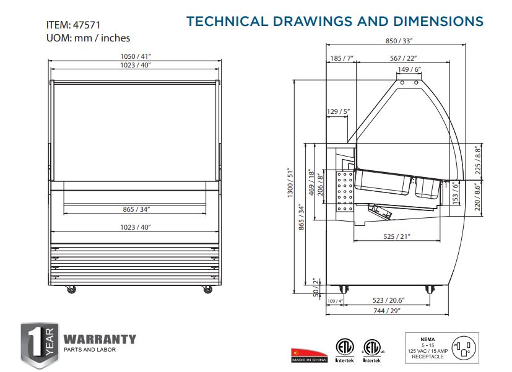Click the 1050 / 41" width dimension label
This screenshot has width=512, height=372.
(136, 56)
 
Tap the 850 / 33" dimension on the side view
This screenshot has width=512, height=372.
(399, 41)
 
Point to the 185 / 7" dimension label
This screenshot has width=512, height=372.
(342, 58)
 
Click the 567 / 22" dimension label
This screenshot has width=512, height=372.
(403, 58)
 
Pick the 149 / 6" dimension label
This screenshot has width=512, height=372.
(409, 69)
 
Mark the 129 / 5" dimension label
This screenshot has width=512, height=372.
(338, 111)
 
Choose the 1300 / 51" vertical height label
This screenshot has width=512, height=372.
(290, 183)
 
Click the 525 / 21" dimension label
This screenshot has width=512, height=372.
(397, 236)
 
